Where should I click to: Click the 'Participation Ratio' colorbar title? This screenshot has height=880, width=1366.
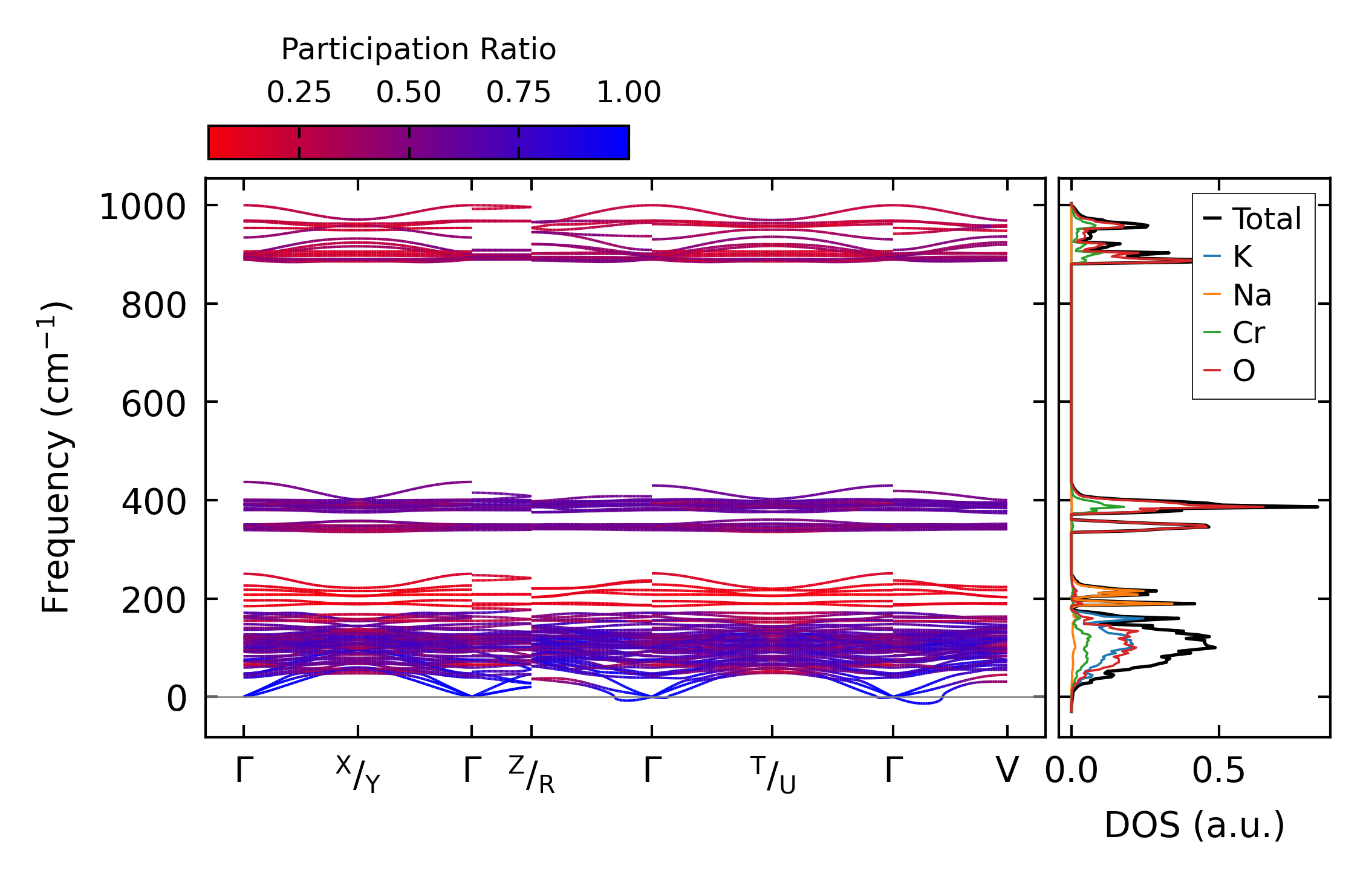(418, 49)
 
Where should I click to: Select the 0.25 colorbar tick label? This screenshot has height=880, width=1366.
(299, 93)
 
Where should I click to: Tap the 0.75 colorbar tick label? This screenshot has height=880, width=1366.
(518, 93)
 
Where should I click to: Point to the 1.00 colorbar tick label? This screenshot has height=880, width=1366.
(628, 93)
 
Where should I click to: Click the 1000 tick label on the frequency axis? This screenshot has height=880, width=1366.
(143, 207)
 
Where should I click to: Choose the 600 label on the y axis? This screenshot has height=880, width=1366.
(154, 404)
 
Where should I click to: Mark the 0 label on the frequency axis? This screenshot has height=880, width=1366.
(177, 699)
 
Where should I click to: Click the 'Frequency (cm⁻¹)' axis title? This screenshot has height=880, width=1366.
(56, 457)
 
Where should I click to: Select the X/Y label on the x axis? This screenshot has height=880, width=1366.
(358, 774)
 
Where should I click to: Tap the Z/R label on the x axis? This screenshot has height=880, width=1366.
(532, 774)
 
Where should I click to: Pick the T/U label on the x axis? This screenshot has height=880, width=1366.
(773, 774)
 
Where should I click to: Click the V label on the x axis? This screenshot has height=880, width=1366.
(1007, 771)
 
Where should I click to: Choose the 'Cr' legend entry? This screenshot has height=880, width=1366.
(1249, 333)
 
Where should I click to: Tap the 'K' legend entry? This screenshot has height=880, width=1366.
(1242, 257)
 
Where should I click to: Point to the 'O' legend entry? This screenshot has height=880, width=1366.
(1244, 370)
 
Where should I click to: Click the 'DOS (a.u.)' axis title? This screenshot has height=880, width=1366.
(1194, 825)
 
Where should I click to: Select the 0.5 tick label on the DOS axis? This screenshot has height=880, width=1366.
(1218, 771)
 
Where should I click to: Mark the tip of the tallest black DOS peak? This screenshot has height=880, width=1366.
(1318, 506)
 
